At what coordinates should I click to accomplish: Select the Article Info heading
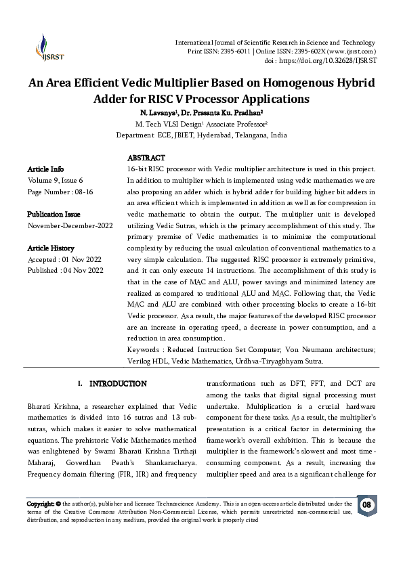pos(46,168)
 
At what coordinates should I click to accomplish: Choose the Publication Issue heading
pos(54,214)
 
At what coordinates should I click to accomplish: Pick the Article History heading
pos(51,248)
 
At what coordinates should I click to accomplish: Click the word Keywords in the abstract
pos(144,349)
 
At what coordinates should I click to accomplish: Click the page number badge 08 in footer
pos(366,505)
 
